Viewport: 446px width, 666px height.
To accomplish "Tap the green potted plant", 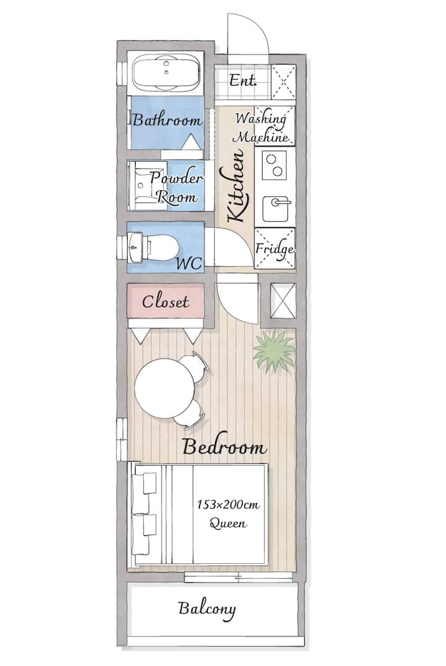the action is pyautogui.click(x=274, y=351).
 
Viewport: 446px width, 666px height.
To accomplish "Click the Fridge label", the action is pyautogui.click(x=274, y=249).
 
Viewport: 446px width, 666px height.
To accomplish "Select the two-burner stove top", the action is pyautogui.click(x=274, y=165).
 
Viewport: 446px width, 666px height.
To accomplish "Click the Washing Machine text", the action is pyautogui.click(x=261, y=127).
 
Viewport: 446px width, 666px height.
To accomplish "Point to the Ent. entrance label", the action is pyautogui.click(x=243, y=80).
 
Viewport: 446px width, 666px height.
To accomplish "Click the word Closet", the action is pyautogui.click(x=165, y=302).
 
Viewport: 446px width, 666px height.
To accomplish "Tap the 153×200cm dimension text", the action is pyautogui.click(x=228, y=504).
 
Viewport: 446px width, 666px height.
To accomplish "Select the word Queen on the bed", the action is pyautogui.click(x=228, y=524).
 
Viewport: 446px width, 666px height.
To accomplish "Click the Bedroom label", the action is pyautogui.click(x=225, y=447).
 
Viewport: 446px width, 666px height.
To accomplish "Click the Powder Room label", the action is pyautogui.click(x=176, y=188).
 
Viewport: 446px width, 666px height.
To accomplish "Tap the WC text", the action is pyautogui.click(x=189, y=263).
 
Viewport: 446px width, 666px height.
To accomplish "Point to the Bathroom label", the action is pyautogui.click(x=167, y=120).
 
